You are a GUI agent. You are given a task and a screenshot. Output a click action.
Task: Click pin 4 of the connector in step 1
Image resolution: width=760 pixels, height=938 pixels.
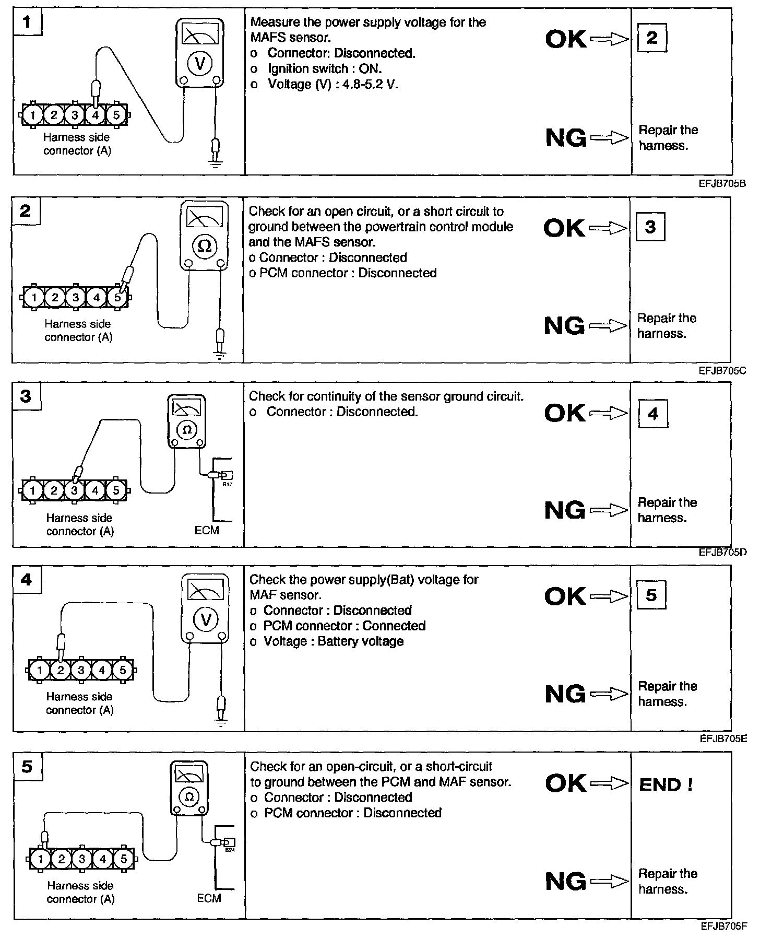tap(95, 115)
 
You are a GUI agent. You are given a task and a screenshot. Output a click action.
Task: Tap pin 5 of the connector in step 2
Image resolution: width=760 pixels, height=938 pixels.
tap(117, 298)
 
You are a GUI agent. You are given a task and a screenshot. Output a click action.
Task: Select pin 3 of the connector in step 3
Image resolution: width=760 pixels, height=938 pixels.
tap(75, 490)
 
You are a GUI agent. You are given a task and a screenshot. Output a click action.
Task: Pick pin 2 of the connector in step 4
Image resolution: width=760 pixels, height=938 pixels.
tap(61, 670)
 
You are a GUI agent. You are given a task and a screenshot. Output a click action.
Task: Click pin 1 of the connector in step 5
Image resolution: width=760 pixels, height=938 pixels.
tap(41, 859)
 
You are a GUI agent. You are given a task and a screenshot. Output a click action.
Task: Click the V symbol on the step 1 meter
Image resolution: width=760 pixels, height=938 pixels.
tap(200, 63)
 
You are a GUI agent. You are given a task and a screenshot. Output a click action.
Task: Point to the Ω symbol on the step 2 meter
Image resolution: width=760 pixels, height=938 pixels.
tap(205, 246)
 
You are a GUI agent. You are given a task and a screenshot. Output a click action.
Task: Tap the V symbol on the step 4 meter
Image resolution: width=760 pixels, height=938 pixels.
tap(206, 620)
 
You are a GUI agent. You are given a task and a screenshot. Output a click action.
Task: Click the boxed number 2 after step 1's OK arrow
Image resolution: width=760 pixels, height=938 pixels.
tap(652, 38)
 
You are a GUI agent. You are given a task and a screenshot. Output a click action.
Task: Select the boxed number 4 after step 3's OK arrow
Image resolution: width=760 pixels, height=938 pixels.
tap(653, 414)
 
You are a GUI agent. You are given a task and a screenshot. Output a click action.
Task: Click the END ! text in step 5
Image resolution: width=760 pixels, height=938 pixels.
tap(666, 785)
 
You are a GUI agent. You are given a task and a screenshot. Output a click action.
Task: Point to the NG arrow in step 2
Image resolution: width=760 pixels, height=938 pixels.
tap(608, 326)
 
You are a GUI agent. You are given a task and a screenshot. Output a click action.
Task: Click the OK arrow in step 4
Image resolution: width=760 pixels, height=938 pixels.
tap(609, 596)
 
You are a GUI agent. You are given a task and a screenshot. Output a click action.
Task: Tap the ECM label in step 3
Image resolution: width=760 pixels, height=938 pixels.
tap(207, 530)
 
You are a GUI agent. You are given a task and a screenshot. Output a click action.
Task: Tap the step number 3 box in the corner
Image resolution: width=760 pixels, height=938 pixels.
tap(26, 396)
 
